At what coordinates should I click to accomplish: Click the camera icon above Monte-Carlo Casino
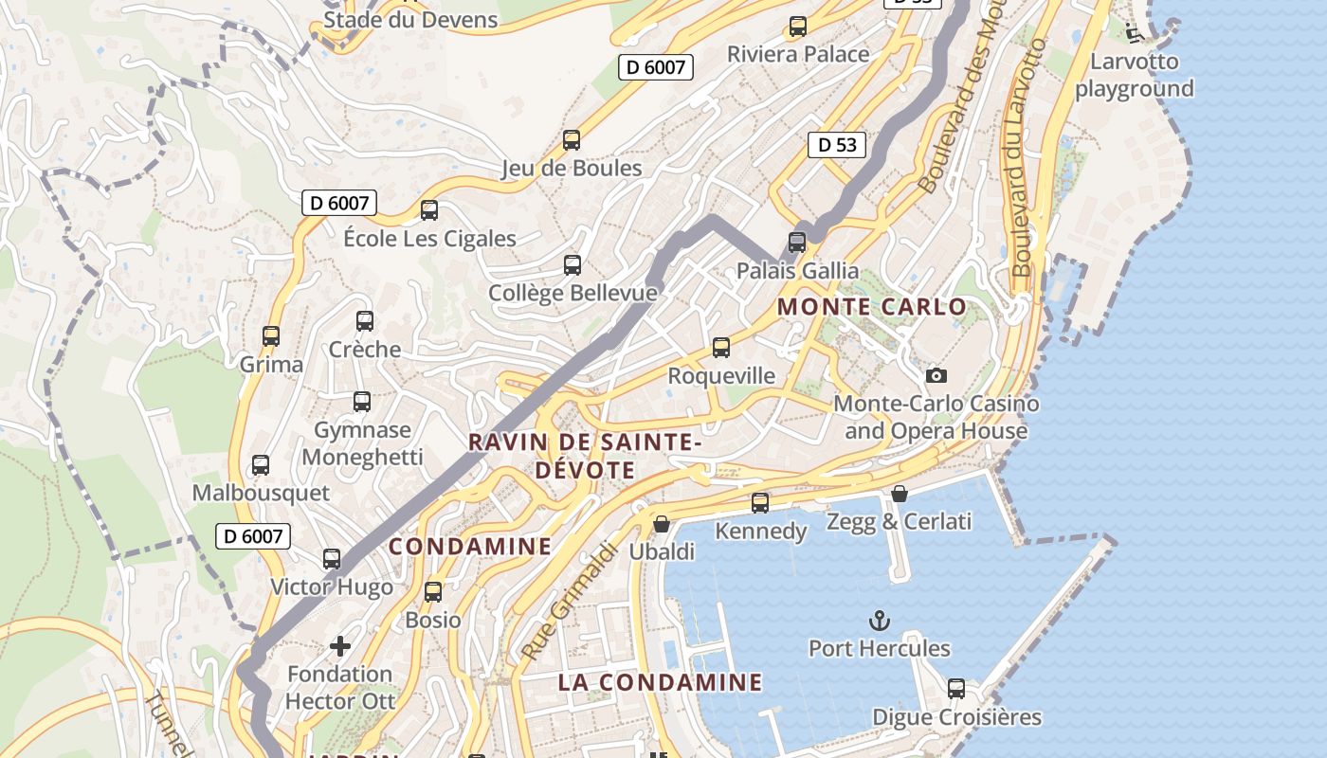coord(936,375)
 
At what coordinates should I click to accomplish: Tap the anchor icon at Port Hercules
coord(880,621)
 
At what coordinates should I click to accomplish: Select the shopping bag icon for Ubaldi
coord(662,523)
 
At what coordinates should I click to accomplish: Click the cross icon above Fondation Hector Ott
coord(339,646)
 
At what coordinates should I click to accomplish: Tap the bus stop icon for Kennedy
coord(760,502)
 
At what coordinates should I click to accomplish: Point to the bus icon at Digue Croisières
coord(956,689)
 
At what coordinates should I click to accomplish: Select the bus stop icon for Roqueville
coord(721,348)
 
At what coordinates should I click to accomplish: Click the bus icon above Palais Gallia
coord(797,243)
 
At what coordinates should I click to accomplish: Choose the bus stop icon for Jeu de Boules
coord(571,140)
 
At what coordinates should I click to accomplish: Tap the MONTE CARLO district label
coord(871,307)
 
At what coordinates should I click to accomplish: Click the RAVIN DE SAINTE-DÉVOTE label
coord(585,456)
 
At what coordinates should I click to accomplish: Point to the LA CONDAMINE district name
coord(660,682)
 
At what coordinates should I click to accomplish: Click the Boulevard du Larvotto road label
coord(1028,156)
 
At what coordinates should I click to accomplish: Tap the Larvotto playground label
coord(1134,75)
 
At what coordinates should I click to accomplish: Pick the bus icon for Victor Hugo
coord(331,559)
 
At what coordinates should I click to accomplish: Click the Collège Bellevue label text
coord(573,293)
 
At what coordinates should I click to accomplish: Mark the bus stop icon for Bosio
coord(433,592)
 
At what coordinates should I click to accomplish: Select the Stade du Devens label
coord(410,20)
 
